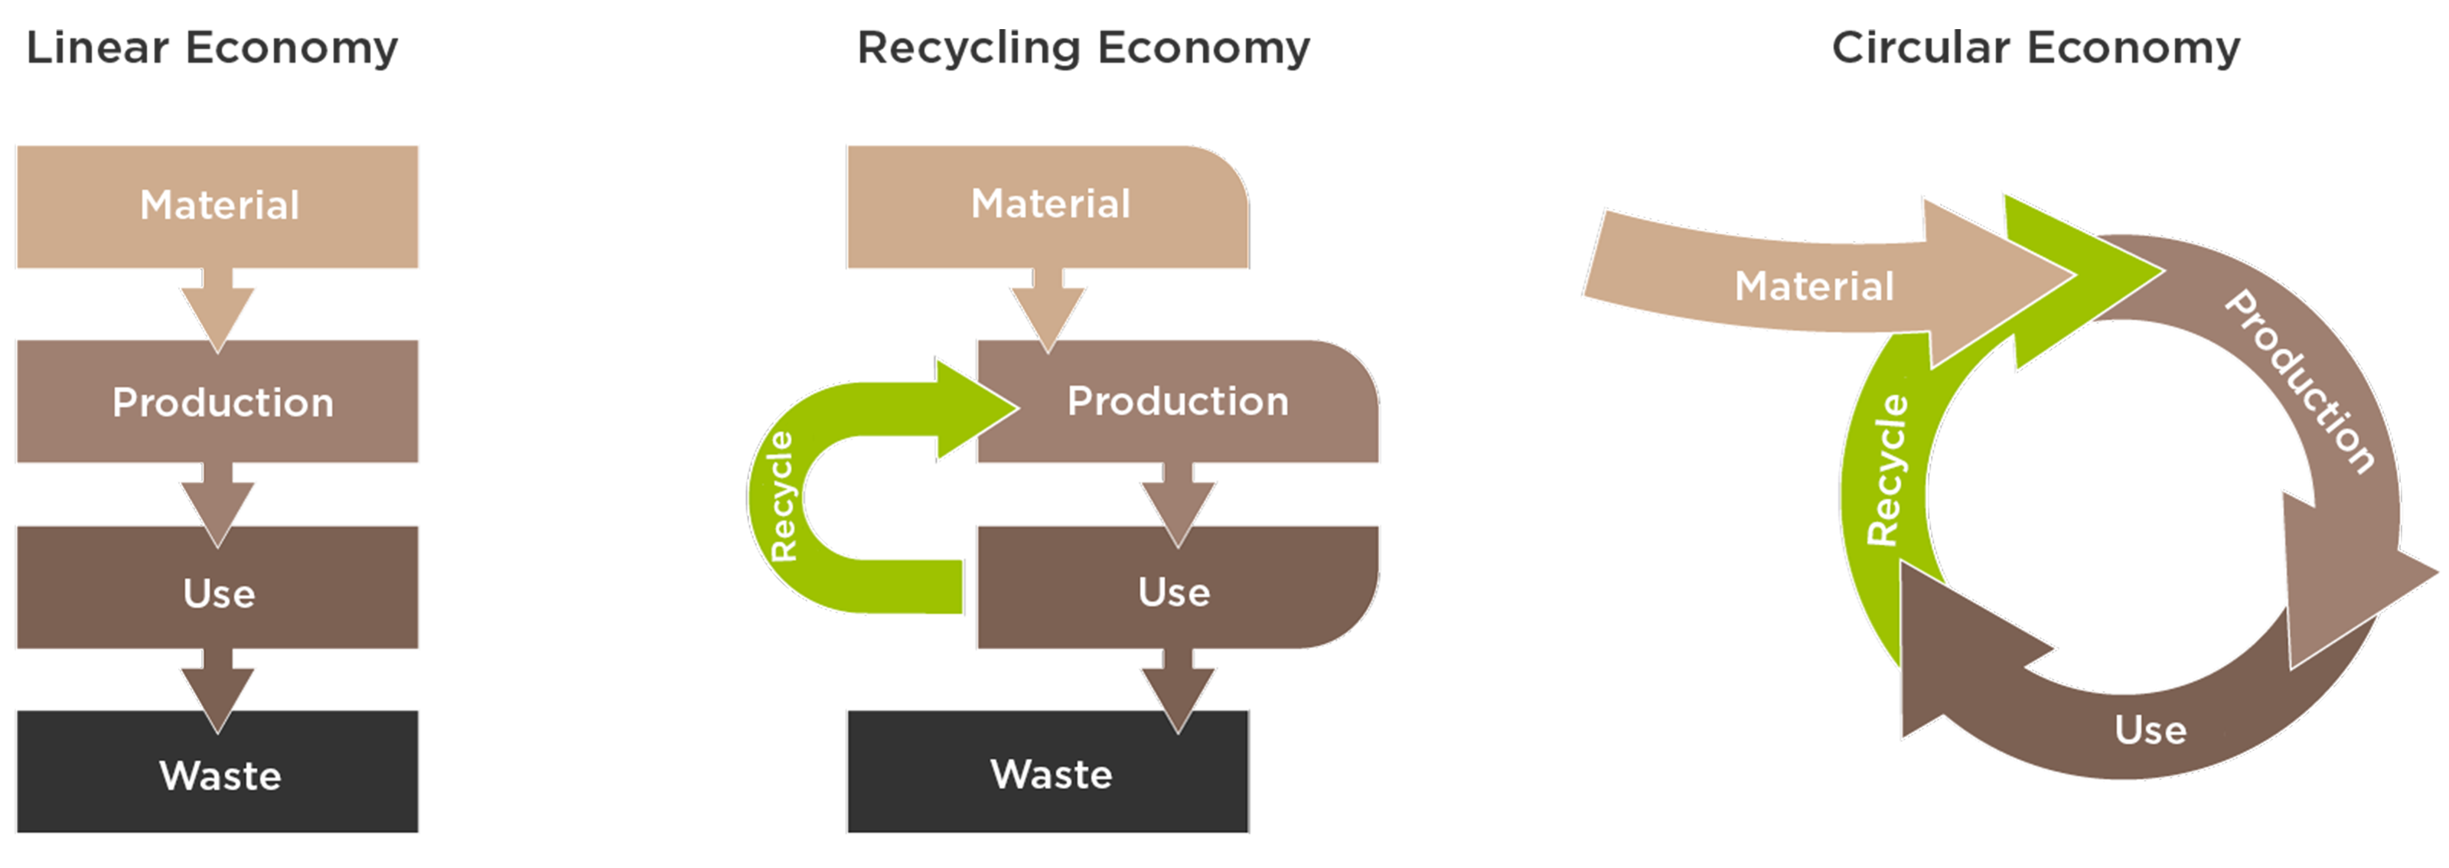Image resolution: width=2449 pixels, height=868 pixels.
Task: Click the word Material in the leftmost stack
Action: pos(220,205)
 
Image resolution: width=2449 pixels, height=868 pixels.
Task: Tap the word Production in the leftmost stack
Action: pos(223,403)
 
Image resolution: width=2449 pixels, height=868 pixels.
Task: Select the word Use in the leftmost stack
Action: pos(219,594)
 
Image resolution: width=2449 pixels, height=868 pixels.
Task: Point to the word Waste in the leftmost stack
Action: pos(220,777)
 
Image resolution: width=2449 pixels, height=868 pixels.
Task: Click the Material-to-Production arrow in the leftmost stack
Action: pos(217,309)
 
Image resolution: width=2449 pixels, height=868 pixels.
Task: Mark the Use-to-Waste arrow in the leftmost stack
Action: pos(217,689)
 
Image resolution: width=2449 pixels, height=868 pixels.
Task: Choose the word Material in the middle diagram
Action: pos(1051,204)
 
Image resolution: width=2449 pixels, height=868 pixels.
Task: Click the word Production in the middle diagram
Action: pos(1178,401)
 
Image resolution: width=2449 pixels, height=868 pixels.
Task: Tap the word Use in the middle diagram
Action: pos(1174,592)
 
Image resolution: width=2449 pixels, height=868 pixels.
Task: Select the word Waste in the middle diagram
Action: pos(1051,775)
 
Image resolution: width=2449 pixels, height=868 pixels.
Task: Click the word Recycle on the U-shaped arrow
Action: pos(782,496)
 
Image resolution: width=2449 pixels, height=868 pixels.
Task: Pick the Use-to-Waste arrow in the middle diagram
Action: pos(1178,689)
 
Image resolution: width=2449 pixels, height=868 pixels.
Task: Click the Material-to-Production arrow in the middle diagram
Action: pos(1048,309)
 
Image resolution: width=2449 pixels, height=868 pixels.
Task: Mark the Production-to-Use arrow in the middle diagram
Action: pos(1178,502)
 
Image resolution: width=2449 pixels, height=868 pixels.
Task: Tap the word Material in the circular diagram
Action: pos(1814,286)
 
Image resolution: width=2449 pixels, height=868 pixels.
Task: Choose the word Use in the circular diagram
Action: pos(2150,730)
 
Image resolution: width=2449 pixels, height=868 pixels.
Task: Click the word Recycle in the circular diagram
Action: pos(1886,471)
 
